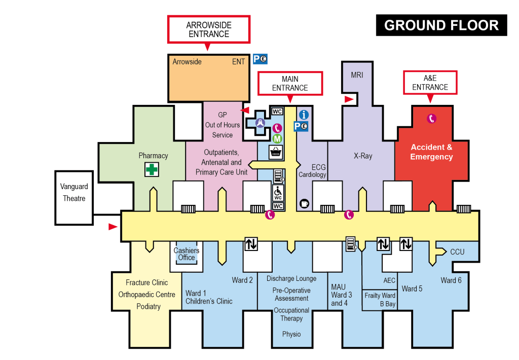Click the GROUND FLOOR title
(x=441, y=25)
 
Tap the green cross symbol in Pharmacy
(x=152, y=169)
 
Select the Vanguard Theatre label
(x=74, y=193)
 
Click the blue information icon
(x=304, y=115)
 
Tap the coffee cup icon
(x=305, y=203)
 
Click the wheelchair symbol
(x=278, y=192)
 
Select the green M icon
(x=277, y=138)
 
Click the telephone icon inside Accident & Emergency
(x=431, y=119)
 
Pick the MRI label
(x=357, y=75)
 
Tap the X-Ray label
(x=363, y=156)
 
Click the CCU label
(x=457, y=251)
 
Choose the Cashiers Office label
(x=187, y=254)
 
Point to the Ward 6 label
(x=451, y=280)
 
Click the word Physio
(x=291, y=334)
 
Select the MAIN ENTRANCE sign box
(x=290, y=83)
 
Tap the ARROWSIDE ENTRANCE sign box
(x=208, y=29)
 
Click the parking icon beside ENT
(x=260, y=59)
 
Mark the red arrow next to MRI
(x=349, y=99)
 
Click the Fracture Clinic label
(x=147, y=282)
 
